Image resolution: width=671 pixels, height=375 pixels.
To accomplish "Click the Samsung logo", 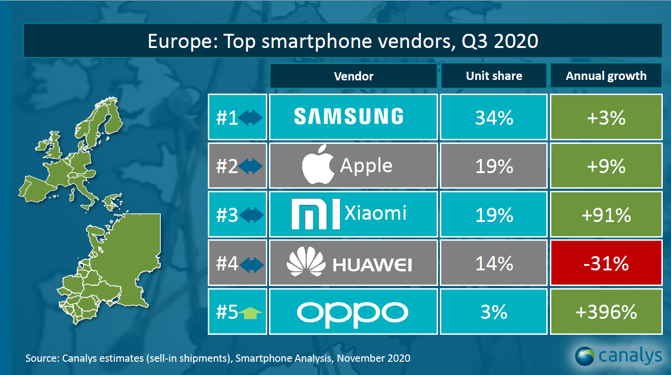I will coord(349,116).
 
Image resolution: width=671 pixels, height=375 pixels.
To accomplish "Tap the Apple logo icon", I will coord(318,165).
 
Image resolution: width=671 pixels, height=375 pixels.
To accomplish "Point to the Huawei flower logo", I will coord(306,262).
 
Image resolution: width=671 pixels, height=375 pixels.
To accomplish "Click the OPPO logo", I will coord(353,313).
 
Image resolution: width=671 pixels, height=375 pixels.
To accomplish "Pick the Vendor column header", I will coord(354,76).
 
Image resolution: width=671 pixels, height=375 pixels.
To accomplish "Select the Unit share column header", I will coord(494,76).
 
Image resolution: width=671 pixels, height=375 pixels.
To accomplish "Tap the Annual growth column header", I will coord(606,76).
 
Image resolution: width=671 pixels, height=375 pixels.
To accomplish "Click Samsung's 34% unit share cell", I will coord(494,117).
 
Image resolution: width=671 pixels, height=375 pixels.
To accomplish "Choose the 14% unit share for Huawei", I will coord(494,263).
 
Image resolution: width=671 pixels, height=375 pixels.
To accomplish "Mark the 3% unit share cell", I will coord(494,312).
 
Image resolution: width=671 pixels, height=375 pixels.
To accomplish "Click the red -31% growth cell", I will coord(606,263).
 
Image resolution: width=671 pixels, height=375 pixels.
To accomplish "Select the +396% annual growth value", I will coord(606,312).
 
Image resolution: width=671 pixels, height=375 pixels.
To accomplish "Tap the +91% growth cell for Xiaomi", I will coord(606,215).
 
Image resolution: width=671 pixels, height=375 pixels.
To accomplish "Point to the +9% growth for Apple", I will coord(606,166).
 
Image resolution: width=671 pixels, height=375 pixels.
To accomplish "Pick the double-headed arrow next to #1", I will coord(251,117).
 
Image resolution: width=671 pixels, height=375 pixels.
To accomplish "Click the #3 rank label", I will coord(227,215).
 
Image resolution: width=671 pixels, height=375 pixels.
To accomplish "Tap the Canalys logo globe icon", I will coord(585,356).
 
